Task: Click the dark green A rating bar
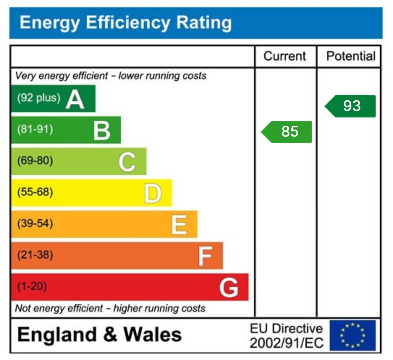click(x=53, y=98)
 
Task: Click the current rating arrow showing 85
click(x=287, y=132)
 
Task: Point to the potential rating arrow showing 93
click(x=351, y=106)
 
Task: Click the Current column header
click(x=285, y=56)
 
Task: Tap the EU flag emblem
click(x=352, y=335)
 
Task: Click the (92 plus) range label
click(x=39, y=98)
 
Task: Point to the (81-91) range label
click(x=35, y=129)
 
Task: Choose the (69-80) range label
click(x=35, y=161)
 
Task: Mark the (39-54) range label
click(x=35, y=224)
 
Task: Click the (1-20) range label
click(x=32, y=287)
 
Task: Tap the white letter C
click(x=127, y=162)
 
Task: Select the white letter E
click(x=179, y=225)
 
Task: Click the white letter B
click(x=102, y=131)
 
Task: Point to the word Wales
click(x=153, y=335)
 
